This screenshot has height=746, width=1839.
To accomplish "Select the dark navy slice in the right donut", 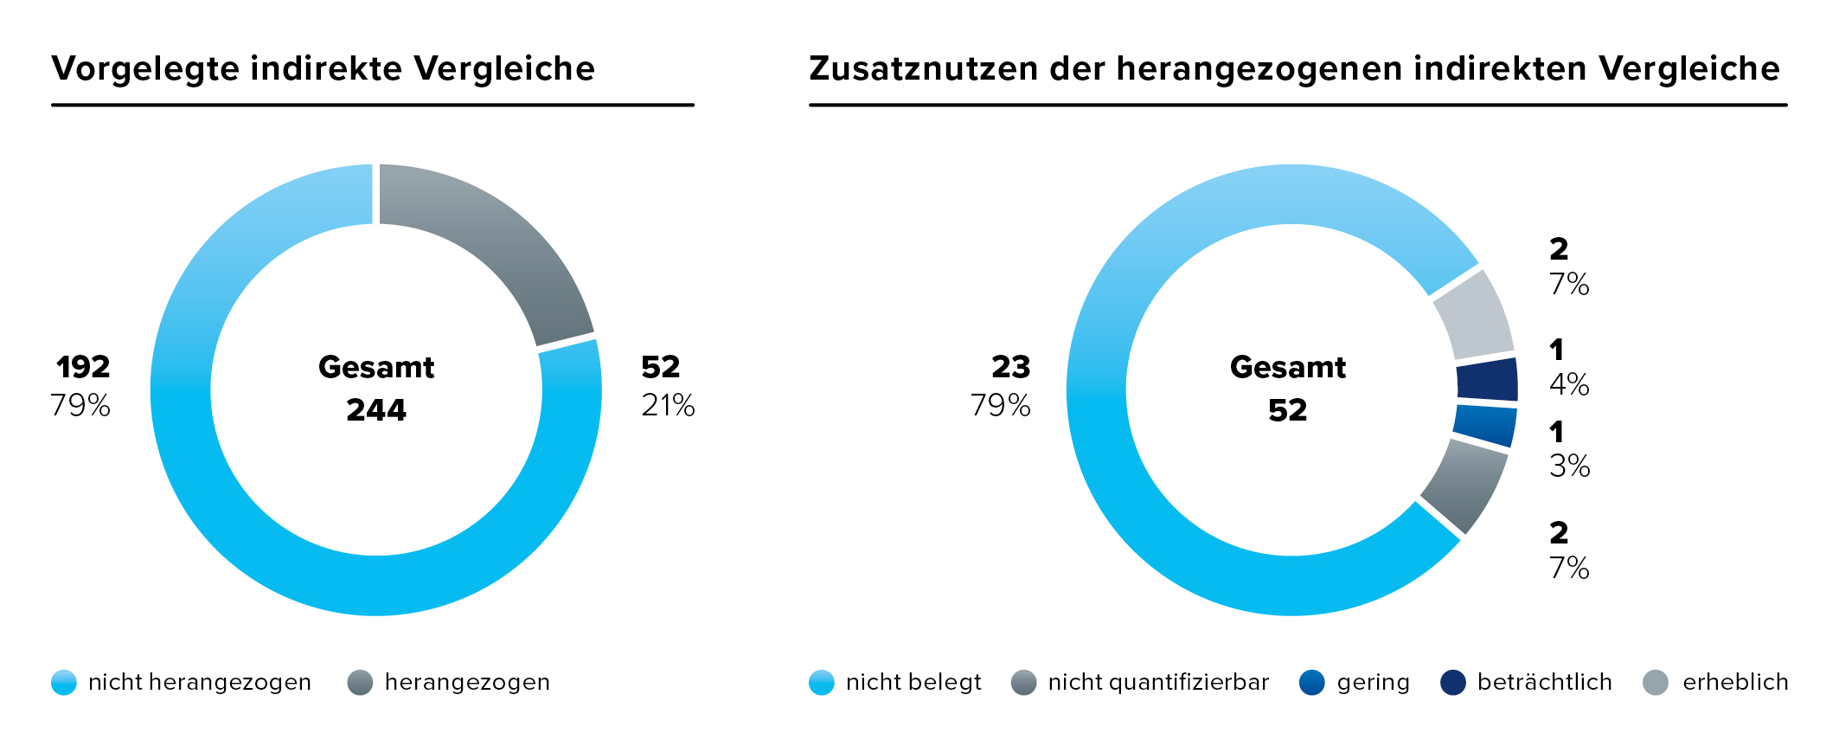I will tap(1487, 380).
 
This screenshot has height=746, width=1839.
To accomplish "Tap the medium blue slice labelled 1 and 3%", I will tap(1484, 425).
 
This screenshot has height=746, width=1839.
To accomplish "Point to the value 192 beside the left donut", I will tap(83, 367).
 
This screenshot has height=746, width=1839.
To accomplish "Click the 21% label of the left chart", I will tap(668, 405).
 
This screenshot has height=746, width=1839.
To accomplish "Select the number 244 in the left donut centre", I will tap(376, 409).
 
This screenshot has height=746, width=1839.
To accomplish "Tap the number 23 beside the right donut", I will tap(1010, 367).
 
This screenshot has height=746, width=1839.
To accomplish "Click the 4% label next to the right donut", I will tap(1569, 384).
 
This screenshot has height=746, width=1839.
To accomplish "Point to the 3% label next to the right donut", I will tap(1569, 466).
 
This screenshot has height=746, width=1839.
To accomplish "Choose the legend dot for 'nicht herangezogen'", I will tap(64, 683).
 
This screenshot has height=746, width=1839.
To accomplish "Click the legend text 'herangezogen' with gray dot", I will tap(467, 683).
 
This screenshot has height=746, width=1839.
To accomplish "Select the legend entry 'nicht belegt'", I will tap(913, 683).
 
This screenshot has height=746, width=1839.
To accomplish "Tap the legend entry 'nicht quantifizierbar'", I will tap(1158, 683).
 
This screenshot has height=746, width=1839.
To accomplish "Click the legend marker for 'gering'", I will tap(1312, 683).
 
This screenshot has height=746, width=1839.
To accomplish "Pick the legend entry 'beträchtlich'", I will tap(1544, 683).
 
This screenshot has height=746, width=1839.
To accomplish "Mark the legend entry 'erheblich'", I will tap(1734, 683).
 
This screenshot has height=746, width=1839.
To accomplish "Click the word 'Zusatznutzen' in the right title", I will tap(923, 69).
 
